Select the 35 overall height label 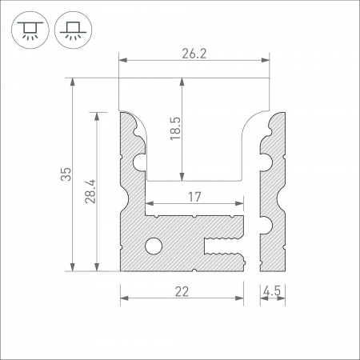point(66,174)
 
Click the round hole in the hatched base point(154,245)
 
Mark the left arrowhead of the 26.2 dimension point(123,60)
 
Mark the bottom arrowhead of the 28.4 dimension point(98,267)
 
